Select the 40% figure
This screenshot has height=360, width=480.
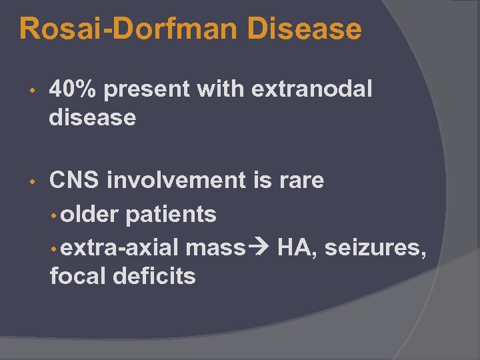tap(73, 89)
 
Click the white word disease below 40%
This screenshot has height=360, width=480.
tap(93, 118)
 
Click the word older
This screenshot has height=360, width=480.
tap(91, 214)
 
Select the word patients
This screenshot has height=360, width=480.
tap(171, 214)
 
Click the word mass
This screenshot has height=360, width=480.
tap(215, 248)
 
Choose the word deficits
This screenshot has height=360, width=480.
tap(155, 276)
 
